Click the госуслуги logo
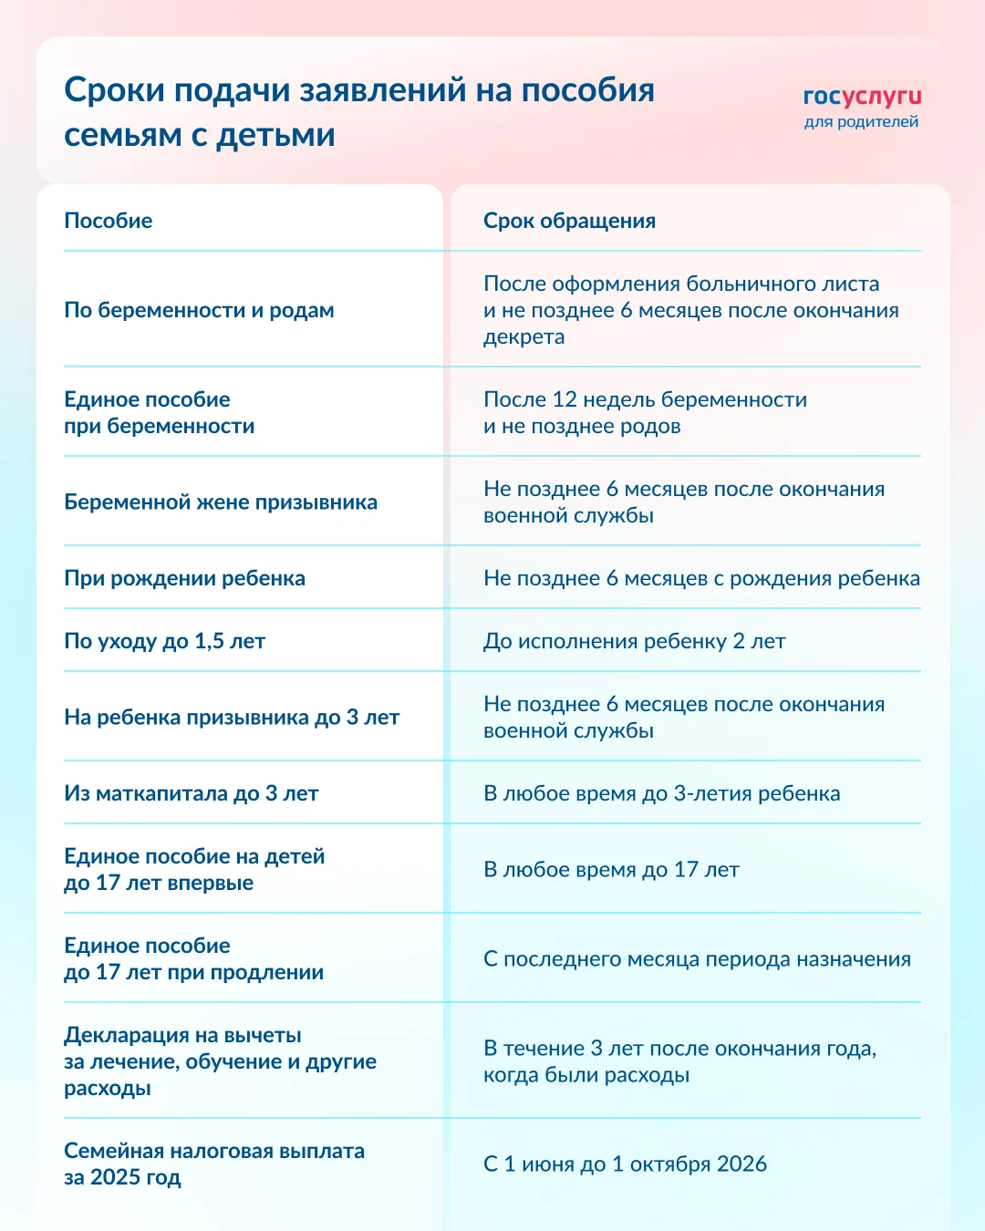[862, 97]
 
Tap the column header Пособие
[109, 221]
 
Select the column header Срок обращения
[569, 221]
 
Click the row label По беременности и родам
[199, 310]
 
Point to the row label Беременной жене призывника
[221, 502]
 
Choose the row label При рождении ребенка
[184, 578]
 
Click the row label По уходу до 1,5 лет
[164, 641]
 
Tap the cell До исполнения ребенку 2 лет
[634, 641]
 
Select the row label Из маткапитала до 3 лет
[191, 793]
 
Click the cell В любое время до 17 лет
[611, 870]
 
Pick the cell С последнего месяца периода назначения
[697, 959]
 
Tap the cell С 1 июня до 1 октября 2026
[625, 1164]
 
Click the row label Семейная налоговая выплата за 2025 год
[213, 1164]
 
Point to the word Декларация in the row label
[119, 1036]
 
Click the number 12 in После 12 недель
[565, 399]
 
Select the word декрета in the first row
[524, 337]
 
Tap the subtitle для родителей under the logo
[861, 122]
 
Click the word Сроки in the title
[114, 90]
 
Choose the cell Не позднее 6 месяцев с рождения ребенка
[701, 578]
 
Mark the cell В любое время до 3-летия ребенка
[661, 793]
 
